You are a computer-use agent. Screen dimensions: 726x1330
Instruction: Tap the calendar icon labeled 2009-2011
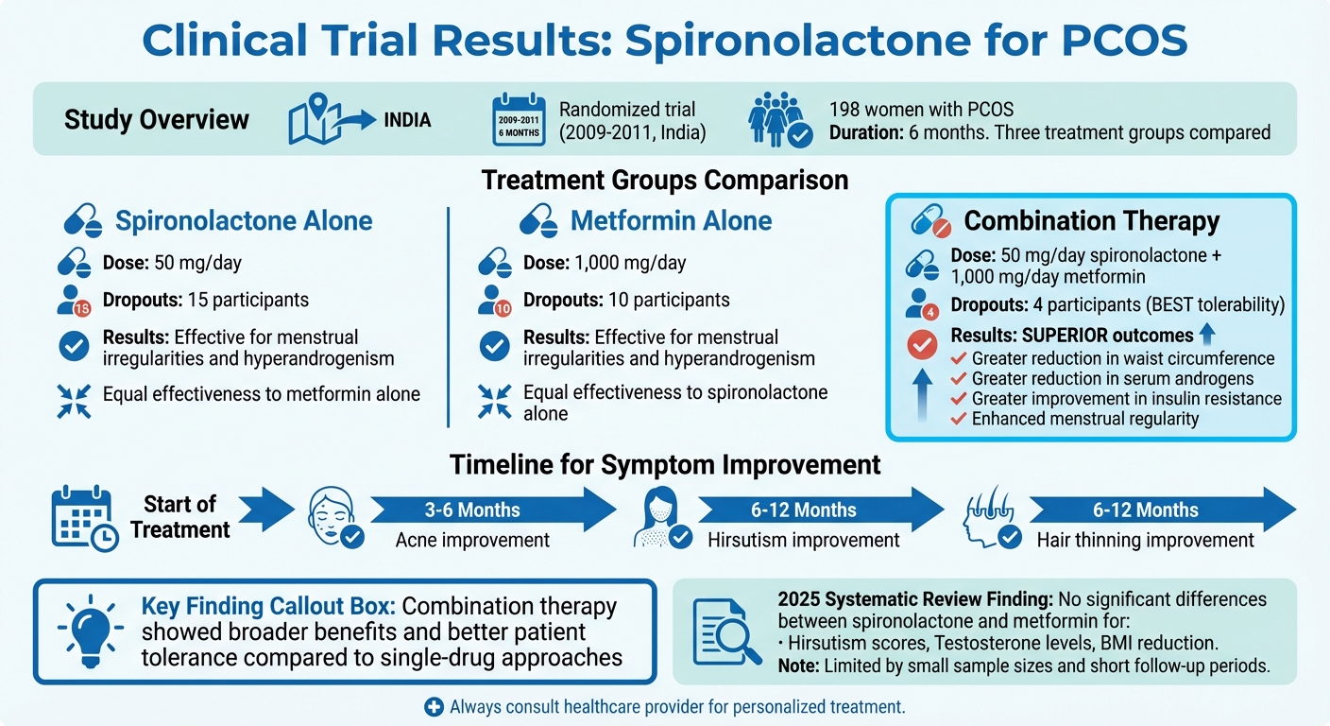[519, 120]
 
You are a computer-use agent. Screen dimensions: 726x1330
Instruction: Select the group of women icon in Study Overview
[779, 121]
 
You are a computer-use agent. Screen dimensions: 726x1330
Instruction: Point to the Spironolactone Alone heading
[244, 221]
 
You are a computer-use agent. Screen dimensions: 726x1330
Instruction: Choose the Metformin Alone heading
[672, 221]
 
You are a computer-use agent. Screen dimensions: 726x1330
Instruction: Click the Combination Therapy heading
[1091, 221]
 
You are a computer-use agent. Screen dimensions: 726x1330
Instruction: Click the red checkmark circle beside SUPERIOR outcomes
[922, 346]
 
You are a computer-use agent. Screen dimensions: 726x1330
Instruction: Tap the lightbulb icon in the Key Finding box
[88, 631]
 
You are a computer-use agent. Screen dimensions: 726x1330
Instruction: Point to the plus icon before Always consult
[434, 706]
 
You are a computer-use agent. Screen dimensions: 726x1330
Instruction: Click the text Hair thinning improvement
[1145, 541]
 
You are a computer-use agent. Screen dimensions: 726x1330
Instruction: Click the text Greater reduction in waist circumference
[1123, 358]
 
